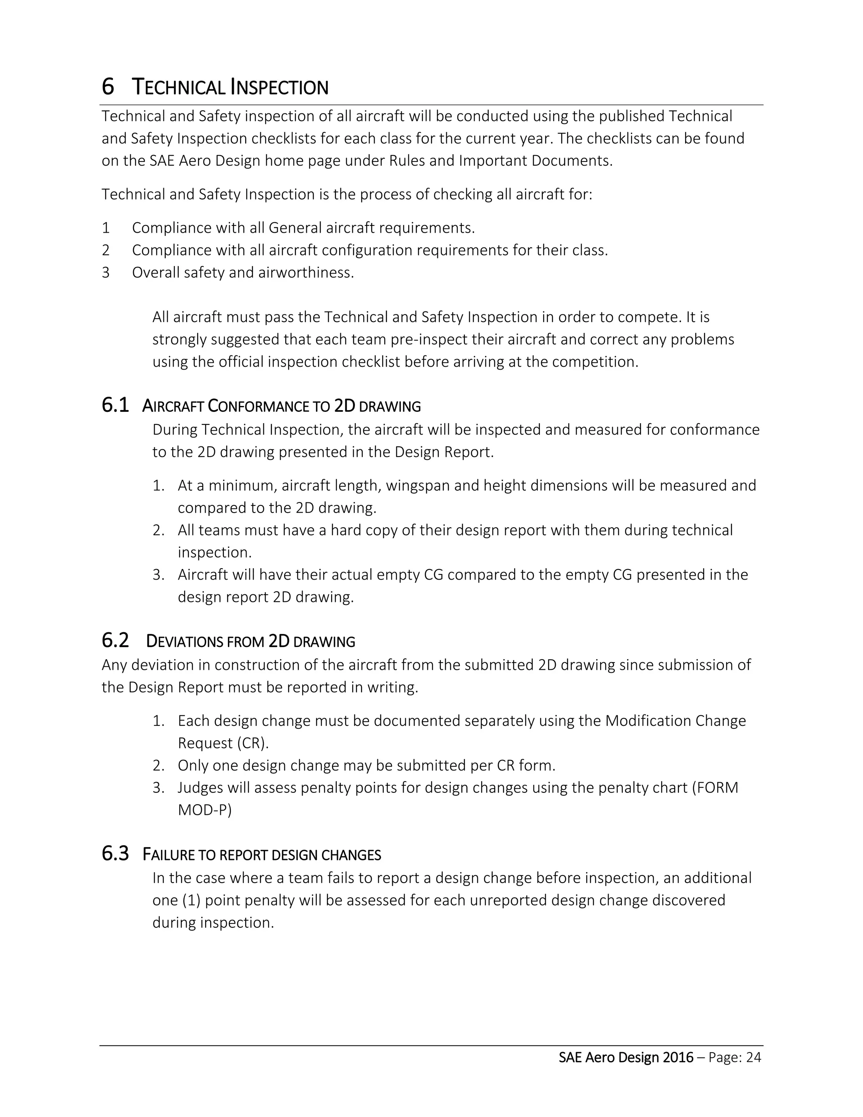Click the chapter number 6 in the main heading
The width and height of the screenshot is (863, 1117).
coord(108,86)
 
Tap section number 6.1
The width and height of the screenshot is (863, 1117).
coord(115,405)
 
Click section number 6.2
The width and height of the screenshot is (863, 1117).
coord(115,640)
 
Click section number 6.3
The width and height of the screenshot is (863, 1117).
coord(115,854)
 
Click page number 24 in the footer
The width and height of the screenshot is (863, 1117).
coord(753,1057)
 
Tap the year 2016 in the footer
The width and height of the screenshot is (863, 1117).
coord(678,1057)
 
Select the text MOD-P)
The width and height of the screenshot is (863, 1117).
coord(204,810)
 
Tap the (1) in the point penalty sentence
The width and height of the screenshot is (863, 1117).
coord(191,900)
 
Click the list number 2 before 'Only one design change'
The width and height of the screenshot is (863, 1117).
coord(158,765)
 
